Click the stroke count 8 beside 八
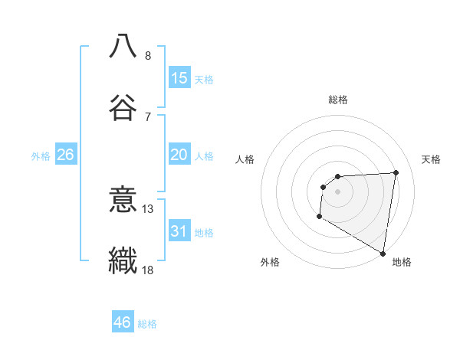click(148, 55)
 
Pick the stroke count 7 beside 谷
click(148, 116)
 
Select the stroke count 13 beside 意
click(148, 208)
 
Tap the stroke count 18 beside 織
click(148, 270)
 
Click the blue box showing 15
click(179, 78)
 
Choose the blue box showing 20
click(179, 155)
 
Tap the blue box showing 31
click(179, 231)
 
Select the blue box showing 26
click(65, 155)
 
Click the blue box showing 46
click(123, 322)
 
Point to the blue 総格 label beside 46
click(147, 324)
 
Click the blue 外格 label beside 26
click(41, 156)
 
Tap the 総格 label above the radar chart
click(338, 100)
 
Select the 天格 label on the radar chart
click(431, 159)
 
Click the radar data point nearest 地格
click(383, 254)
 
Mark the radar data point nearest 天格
click(396, 172)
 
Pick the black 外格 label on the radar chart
click(270, 262)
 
